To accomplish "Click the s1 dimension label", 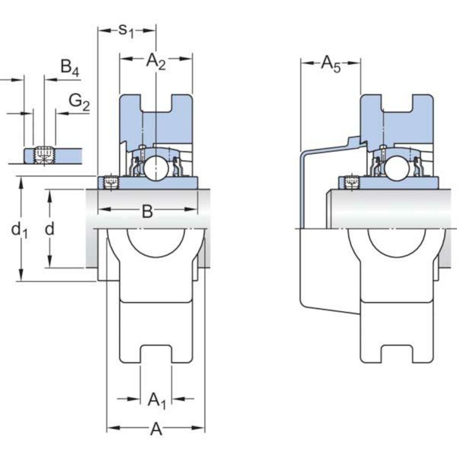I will click(126, 30).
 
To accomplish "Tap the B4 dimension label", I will click(70, 68).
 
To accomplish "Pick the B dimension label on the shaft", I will click(147, 211).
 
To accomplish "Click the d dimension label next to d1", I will click(50, 229).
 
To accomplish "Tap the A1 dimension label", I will click(156, 400).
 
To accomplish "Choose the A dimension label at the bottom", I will click(156, 429).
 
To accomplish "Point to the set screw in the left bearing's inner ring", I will click(110, 183).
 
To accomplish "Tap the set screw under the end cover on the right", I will click(351, 183).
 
